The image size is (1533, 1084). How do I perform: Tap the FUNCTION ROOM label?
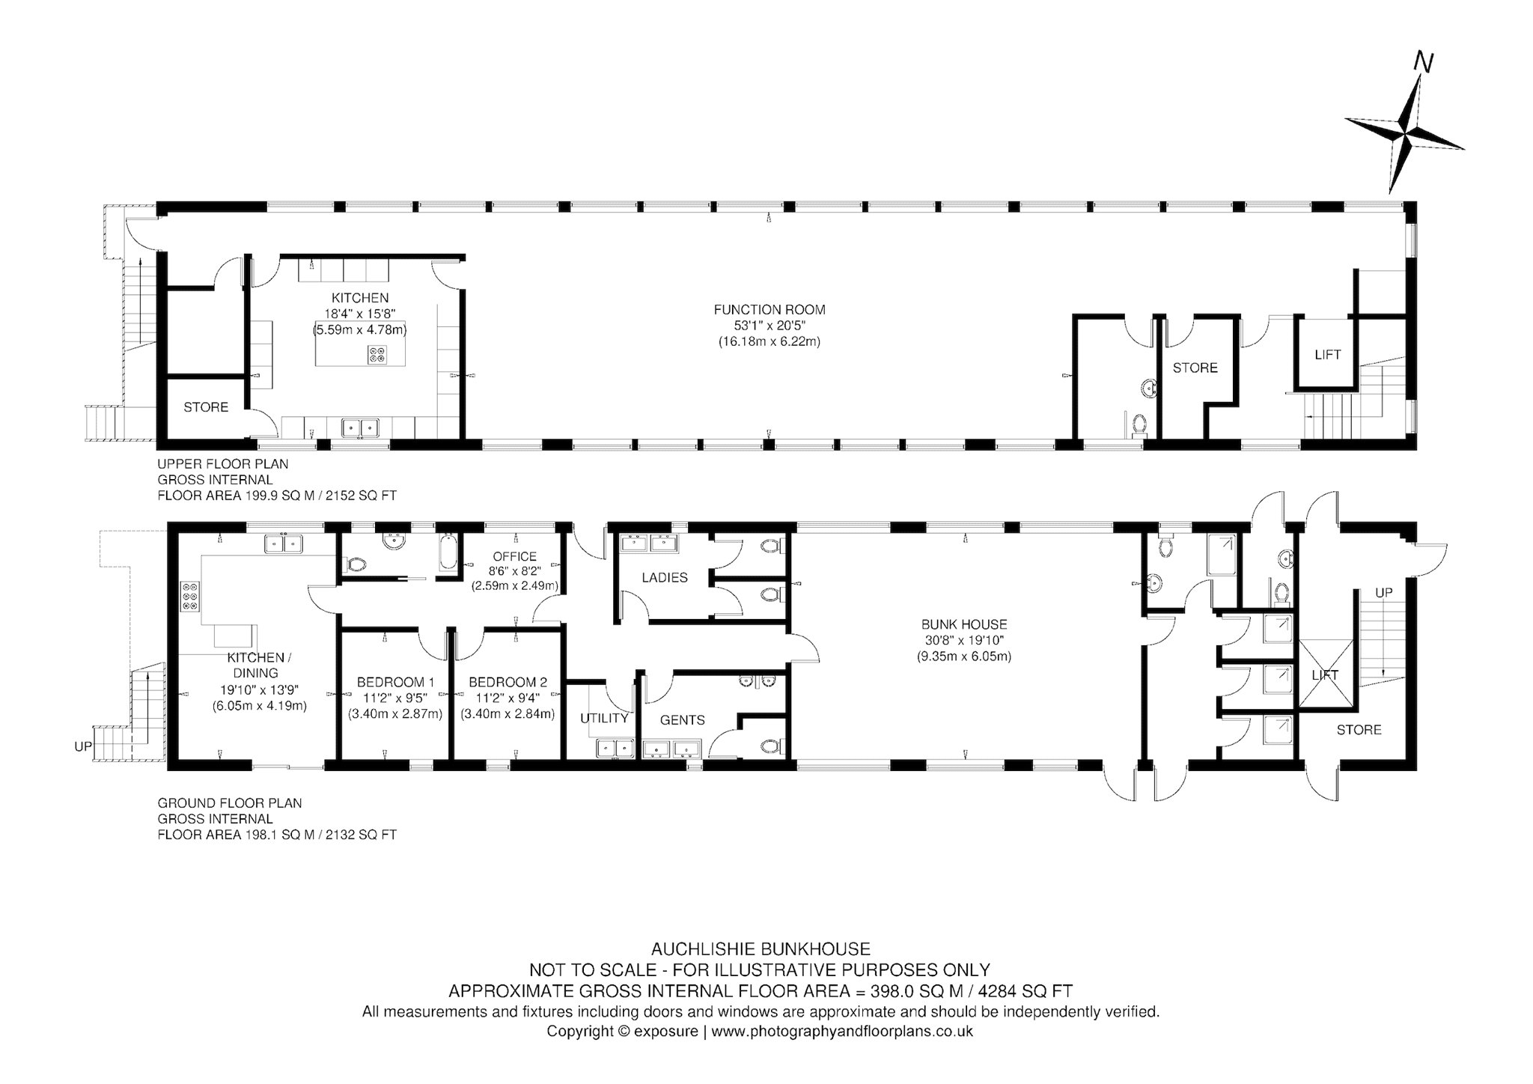click(769, 309)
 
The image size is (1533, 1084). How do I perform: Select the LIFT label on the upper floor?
click(1327, 354)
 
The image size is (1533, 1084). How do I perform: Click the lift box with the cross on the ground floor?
click(1325, 674)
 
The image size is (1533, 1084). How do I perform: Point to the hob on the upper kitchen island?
click(377, 353)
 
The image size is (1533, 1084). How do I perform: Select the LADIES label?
click(665, 577)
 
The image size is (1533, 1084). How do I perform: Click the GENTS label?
click(682, 719)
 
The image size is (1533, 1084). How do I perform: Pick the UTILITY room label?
click(604, 718)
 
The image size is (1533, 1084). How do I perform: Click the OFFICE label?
click(514, 556)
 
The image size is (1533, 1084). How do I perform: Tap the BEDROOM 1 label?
click(395, 682)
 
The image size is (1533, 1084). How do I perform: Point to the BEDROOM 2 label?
click(508, 682)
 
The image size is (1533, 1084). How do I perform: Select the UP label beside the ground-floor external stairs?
click(83, 746)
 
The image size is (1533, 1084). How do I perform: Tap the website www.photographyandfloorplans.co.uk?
click(842, 1031)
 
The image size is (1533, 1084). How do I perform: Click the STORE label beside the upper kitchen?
click(206, 406)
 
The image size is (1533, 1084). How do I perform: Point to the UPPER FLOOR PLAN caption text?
click(222, 463)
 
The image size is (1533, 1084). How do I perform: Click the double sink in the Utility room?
click(615, 748)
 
